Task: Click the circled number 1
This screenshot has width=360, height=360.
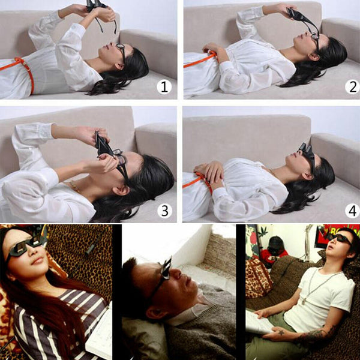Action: pos(164,88)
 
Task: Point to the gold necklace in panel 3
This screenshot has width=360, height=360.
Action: pos(73,187)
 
